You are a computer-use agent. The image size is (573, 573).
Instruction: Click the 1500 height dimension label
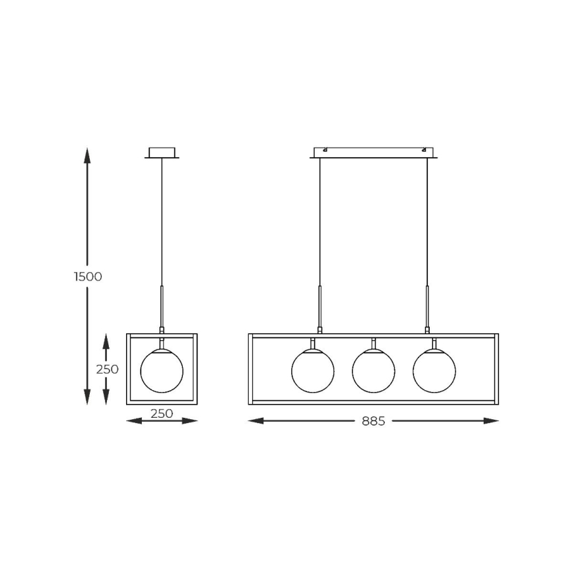click(88, 277)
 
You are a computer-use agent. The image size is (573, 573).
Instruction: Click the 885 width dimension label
click(373, 421)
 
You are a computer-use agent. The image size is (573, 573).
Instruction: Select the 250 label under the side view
click(162, 414)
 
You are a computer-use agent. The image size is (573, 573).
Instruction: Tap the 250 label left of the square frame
click(107, 369)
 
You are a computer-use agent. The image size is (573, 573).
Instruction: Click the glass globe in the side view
click(162, 371)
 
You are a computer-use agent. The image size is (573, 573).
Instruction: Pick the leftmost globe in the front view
click(313, 371)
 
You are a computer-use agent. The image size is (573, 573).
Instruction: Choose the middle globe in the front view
click(374, 371)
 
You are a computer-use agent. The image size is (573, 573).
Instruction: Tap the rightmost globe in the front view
click(434, 371)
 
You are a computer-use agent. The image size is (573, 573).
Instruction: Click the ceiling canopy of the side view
click(162, 152)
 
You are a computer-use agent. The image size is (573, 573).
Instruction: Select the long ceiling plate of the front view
click(374, 152)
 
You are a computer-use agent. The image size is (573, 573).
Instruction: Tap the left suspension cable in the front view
click(320, 224)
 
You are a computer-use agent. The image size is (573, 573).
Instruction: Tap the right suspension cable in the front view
click(427, 224)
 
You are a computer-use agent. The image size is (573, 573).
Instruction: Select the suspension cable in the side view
click(162, 224)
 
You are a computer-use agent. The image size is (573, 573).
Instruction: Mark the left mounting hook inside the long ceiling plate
click(325, 151)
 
